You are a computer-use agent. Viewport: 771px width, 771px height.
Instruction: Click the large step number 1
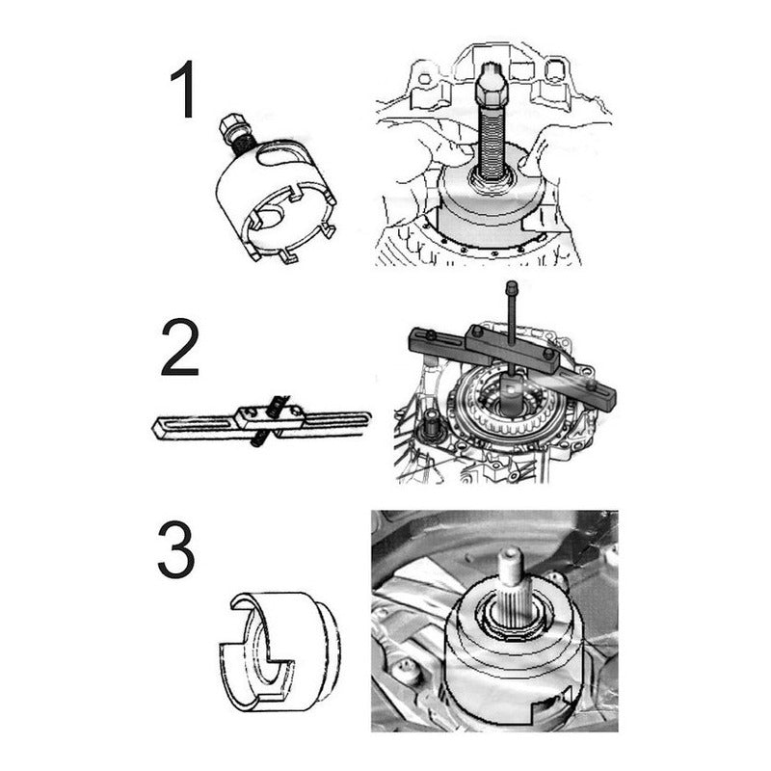[184, 90]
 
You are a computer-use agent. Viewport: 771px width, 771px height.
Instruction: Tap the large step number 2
[179, 348]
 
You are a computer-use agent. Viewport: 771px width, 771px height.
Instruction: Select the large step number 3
[176, 549]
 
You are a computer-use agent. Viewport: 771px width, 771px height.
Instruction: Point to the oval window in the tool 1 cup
[279, 155]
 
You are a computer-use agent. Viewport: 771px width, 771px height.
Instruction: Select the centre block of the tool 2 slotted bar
[268, 418]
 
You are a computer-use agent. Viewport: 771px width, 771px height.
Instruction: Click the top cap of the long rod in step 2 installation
[512, 285]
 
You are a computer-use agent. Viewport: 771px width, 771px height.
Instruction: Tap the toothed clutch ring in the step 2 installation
[512, 412]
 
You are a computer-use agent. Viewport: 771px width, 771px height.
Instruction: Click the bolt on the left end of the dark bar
[431, 335]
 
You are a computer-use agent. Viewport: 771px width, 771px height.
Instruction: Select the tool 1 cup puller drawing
[277, 188]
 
